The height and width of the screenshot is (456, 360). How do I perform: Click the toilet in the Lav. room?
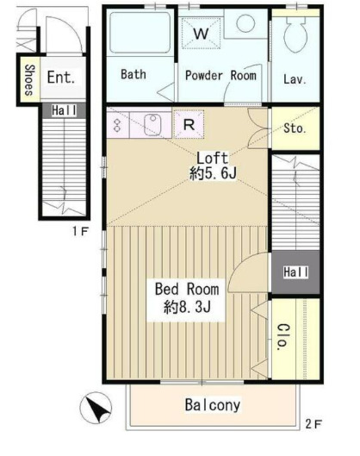(x=295, y=34)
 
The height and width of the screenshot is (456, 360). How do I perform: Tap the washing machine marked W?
(x=201, y=33)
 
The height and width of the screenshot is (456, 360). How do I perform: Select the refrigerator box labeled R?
(x=189, y=124)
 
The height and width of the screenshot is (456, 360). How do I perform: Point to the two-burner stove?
(x=117, y=125)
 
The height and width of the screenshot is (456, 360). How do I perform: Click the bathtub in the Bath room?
(x=140, y=33)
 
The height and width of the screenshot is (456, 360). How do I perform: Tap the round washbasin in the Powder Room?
(x=245, y=23)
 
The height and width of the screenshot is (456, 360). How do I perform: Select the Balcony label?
(x=213, y=404)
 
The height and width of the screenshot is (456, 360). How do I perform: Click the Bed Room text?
(x=187, y=289)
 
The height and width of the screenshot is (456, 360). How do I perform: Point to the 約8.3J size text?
(x=187, y=307)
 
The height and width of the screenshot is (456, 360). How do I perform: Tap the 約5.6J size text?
(x=213, y=173)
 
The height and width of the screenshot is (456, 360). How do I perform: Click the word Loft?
(x=213, y=158)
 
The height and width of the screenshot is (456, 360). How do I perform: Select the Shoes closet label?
(x=29, y=80)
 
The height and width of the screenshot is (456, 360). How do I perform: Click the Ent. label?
(x=61, y=78)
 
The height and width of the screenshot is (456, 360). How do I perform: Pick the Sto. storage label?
(x=295, y=128)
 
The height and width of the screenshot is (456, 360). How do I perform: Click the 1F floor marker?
(x=80, y=232)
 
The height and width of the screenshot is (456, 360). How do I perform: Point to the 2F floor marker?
(x=313, y=424)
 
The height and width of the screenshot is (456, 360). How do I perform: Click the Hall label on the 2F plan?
(x=295, y=272)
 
